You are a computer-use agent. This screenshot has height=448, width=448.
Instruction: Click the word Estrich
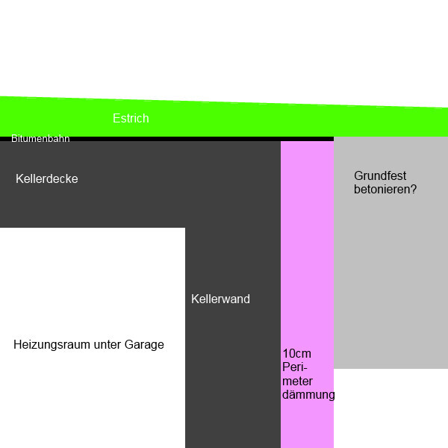131,119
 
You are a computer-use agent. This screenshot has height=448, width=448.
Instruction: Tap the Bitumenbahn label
40,139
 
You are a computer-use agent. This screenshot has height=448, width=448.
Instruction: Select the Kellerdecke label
47,179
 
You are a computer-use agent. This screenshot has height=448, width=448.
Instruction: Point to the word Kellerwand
220,299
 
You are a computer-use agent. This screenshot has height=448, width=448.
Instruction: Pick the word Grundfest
380,176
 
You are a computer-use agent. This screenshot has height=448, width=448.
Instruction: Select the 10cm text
296,354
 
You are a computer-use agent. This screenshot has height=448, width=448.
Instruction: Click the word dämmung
308,395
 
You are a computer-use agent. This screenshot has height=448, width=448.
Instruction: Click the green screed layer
299,119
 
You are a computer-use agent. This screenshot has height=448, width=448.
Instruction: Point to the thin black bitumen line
224,139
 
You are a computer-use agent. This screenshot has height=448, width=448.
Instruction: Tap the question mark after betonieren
413,190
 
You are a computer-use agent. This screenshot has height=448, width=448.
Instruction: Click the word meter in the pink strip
297,381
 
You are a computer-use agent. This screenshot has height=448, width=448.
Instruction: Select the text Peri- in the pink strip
296,367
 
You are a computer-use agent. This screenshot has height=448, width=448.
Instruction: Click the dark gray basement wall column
232,373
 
